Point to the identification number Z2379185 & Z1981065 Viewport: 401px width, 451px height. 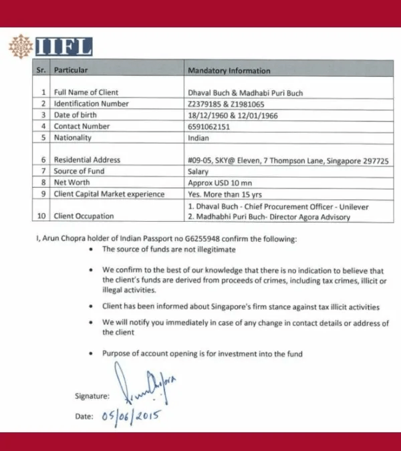click(227, 104)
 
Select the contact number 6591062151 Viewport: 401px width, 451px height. click(212, 126)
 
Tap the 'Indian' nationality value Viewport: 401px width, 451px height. click(198, 138)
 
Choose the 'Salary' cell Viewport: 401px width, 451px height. click(198, 172)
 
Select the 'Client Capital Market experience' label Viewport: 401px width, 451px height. click(109, 194)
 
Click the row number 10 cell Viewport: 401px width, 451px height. click(43, 216)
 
